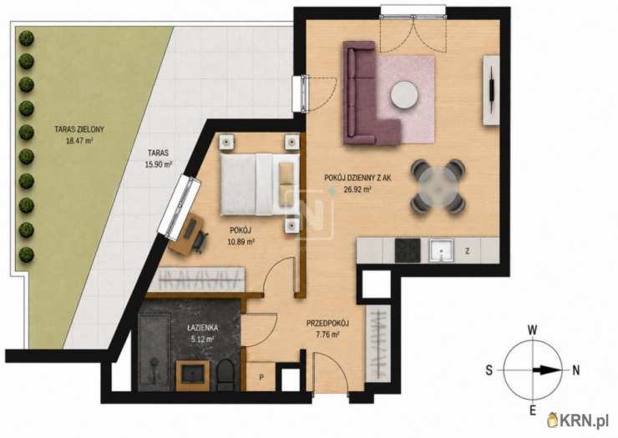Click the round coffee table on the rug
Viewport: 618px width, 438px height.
pyautogui.click(x=404, y=94)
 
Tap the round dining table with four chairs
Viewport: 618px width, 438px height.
pyautogui.click(x=438, y=187)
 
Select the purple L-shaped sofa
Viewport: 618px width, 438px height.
pyautogui.click(x=367, y=93)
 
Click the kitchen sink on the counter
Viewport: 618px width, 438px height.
pyautogui.click(x=441, y=250)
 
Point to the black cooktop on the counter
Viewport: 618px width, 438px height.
pyautogui.click(x=408, y=250)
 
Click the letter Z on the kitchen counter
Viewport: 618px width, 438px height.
pyautogui.click(x=467, y=251)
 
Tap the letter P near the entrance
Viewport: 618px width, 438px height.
pyautogui.click(x=261, y=377)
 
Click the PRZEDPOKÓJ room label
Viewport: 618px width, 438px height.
pyautogui.click(x=328, y=324)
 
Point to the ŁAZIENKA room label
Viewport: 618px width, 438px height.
pyautogui.click(x=203, y=328)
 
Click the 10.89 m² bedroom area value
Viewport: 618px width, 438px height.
pyautogui.click(x=241, y=242)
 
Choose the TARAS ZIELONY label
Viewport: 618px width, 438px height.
pyautogui.click(x=79, y=128)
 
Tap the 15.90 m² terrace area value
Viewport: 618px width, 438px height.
pyautogui.click(x=159, y=164)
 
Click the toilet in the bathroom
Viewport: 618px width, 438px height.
pyautogui.click(x=225, y=374)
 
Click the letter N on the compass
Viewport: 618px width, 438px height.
pyautogui.click(x=576, y=370)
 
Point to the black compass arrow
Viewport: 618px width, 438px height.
pyautogui.click(x=546, y=370)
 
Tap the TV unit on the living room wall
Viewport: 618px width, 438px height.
pyautogui.click(x=491, y=90)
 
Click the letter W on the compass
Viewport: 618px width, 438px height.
pyautogui.click(x=533, y=330)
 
